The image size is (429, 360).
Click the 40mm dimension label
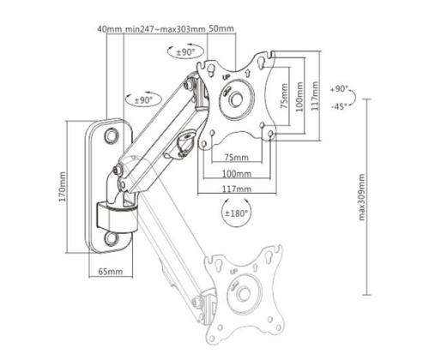pos(110,29)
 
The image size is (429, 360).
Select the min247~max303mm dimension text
pos(166,29)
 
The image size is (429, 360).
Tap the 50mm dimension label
pos(221,29)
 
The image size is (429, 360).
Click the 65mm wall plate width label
pos(110,271)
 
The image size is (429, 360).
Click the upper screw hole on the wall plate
pos(112,135)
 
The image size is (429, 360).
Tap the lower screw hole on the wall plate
pos(112,234)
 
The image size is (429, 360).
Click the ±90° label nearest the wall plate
pos(142,99)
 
